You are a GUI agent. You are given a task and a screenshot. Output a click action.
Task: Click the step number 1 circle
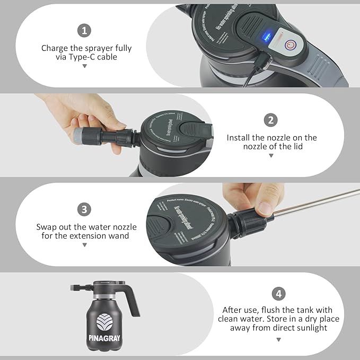pos(84,30)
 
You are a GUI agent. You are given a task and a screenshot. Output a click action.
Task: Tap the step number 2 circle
pos(271,120)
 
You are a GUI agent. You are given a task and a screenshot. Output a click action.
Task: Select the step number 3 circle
pos(84,209)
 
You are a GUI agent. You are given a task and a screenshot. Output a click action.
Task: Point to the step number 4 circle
pos(278,294)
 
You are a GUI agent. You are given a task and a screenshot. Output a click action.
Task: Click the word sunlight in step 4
pos(308,328)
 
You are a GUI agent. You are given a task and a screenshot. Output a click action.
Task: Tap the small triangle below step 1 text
pos(84,66)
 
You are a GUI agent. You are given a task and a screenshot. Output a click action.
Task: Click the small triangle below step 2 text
pos(271,156)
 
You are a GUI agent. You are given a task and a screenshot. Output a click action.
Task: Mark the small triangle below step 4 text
pos(278,339)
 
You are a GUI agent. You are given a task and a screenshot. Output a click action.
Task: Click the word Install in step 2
pos(239,137)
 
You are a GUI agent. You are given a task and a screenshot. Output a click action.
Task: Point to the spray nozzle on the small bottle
pos(75,288)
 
